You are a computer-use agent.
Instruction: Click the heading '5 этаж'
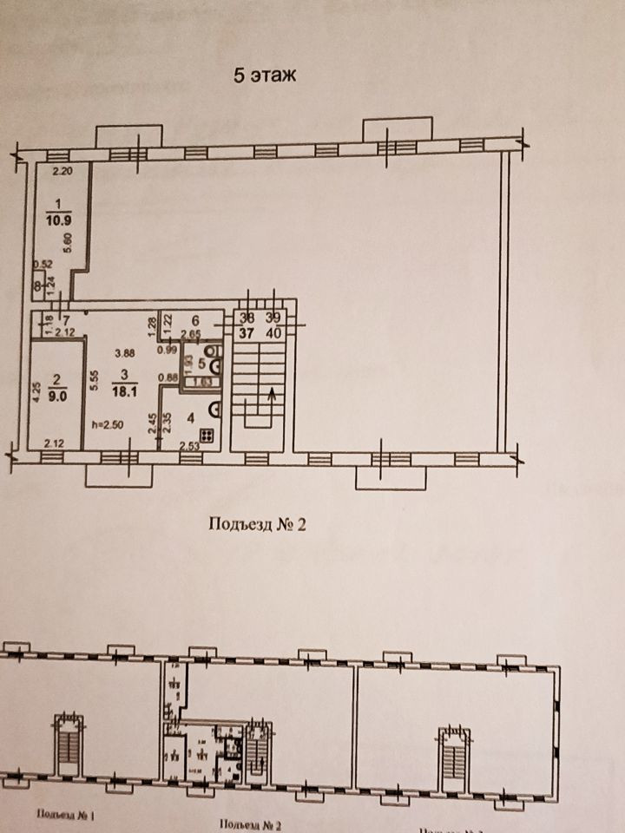pyautogui.click(x=264, y=75)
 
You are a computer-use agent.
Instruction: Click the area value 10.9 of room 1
pyautogui.click(x=57, y=221)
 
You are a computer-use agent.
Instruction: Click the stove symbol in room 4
pyautogui.click(x=209, y=435)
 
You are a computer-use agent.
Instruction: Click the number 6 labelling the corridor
pyautogui.click(x=196, y=318)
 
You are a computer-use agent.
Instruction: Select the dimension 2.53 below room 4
pyautogui.click(x=190, y=447)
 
